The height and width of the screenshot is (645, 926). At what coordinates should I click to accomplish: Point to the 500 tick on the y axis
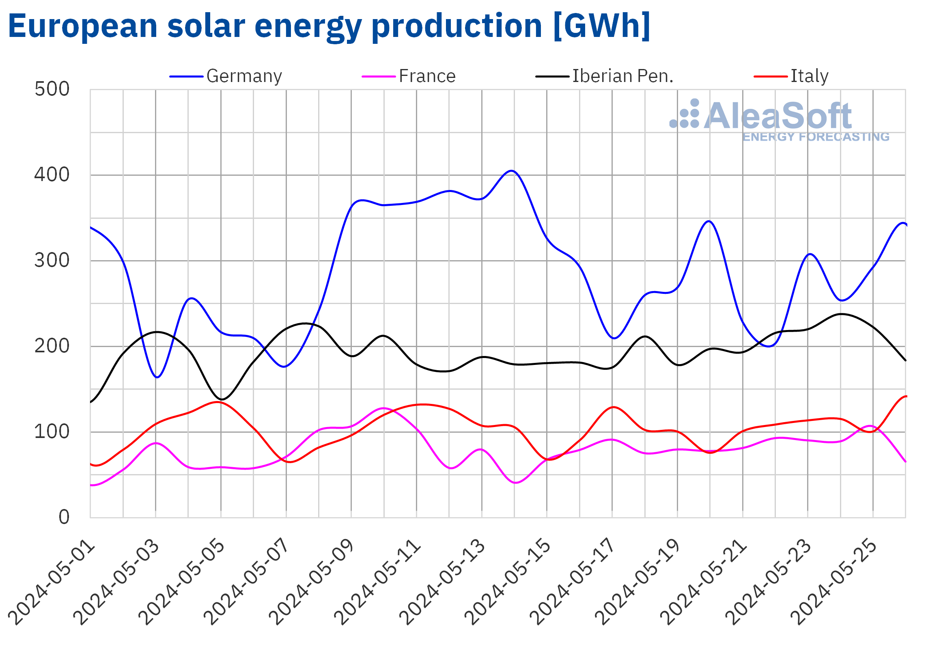(52, 89)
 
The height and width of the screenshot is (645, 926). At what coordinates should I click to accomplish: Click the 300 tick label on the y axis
(52, 261)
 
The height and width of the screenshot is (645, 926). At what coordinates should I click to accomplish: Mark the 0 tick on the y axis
(64, 518)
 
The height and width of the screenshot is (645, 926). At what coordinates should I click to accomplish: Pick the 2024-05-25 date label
(834, 582)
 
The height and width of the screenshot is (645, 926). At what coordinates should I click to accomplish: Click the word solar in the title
(206, 26)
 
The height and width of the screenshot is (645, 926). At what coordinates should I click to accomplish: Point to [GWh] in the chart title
(602, 26)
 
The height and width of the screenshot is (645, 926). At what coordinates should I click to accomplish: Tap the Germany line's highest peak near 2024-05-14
(512, 171)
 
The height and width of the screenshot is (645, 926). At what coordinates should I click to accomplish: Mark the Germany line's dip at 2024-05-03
(157, 377)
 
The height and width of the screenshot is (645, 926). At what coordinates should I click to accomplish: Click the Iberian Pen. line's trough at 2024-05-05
(221, 399)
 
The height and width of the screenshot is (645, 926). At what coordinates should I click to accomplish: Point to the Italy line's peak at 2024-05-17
(613, 407)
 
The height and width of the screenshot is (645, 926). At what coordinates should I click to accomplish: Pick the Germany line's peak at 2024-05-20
(709, 221)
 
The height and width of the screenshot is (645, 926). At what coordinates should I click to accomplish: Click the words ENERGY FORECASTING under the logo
(816, 137)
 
